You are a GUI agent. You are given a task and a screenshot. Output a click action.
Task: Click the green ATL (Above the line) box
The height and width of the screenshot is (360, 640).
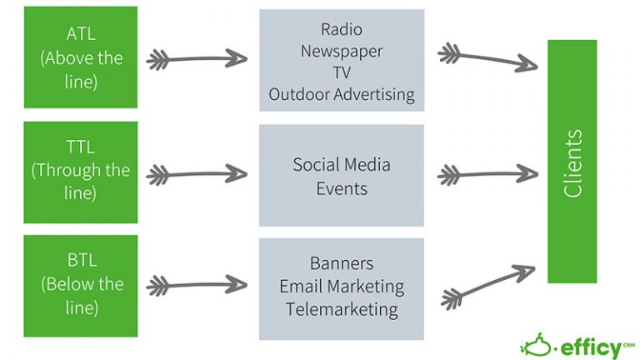point(80,57)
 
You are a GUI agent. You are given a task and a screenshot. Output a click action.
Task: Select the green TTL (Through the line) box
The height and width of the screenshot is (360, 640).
point(80,172)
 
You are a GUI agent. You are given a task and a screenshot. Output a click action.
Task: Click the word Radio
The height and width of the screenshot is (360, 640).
point(342,29)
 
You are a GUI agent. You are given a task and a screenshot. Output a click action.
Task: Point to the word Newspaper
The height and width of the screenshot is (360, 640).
point(342,51)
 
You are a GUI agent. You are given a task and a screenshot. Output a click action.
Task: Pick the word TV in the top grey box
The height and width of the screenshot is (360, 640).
point(342,72)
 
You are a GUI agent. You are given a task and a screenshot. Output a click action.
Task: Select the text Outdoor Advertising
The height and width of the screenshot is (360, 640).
point(342,94)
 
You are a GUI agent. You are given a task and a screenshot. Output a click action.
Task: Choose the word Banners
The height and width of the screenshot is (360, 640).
point(342,263)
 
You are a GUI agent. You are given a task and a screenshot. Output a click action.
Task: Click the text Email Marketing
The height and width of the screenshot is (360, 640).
point(342,287)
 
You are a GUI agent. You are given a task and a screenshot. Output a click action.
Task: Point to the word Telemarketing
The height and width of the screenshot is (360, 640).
point(342,309)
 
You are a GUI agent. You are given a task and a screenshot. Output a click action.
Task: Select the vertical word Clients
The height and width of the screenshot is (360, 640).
point(572,162)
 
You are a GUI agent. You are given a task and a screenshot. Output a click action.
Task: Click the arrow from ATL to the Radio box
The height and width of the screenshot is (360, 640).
point(197,59)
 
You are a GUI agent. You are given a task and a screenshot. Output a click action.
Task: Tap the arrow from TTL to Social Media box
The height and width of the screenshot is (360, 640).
point(197,174)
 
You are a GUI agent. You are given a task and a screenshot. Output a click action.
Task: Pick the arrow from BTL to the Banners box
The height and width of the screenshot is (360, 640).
point(197,287)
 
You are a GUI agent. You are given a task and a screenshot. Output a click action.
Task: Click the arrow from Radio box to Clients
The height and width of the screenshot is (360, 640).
point(487,57)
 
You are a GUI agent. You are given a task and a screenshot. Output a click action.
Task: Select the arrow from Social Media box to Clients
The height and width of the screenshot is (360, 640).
point(487,174)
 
